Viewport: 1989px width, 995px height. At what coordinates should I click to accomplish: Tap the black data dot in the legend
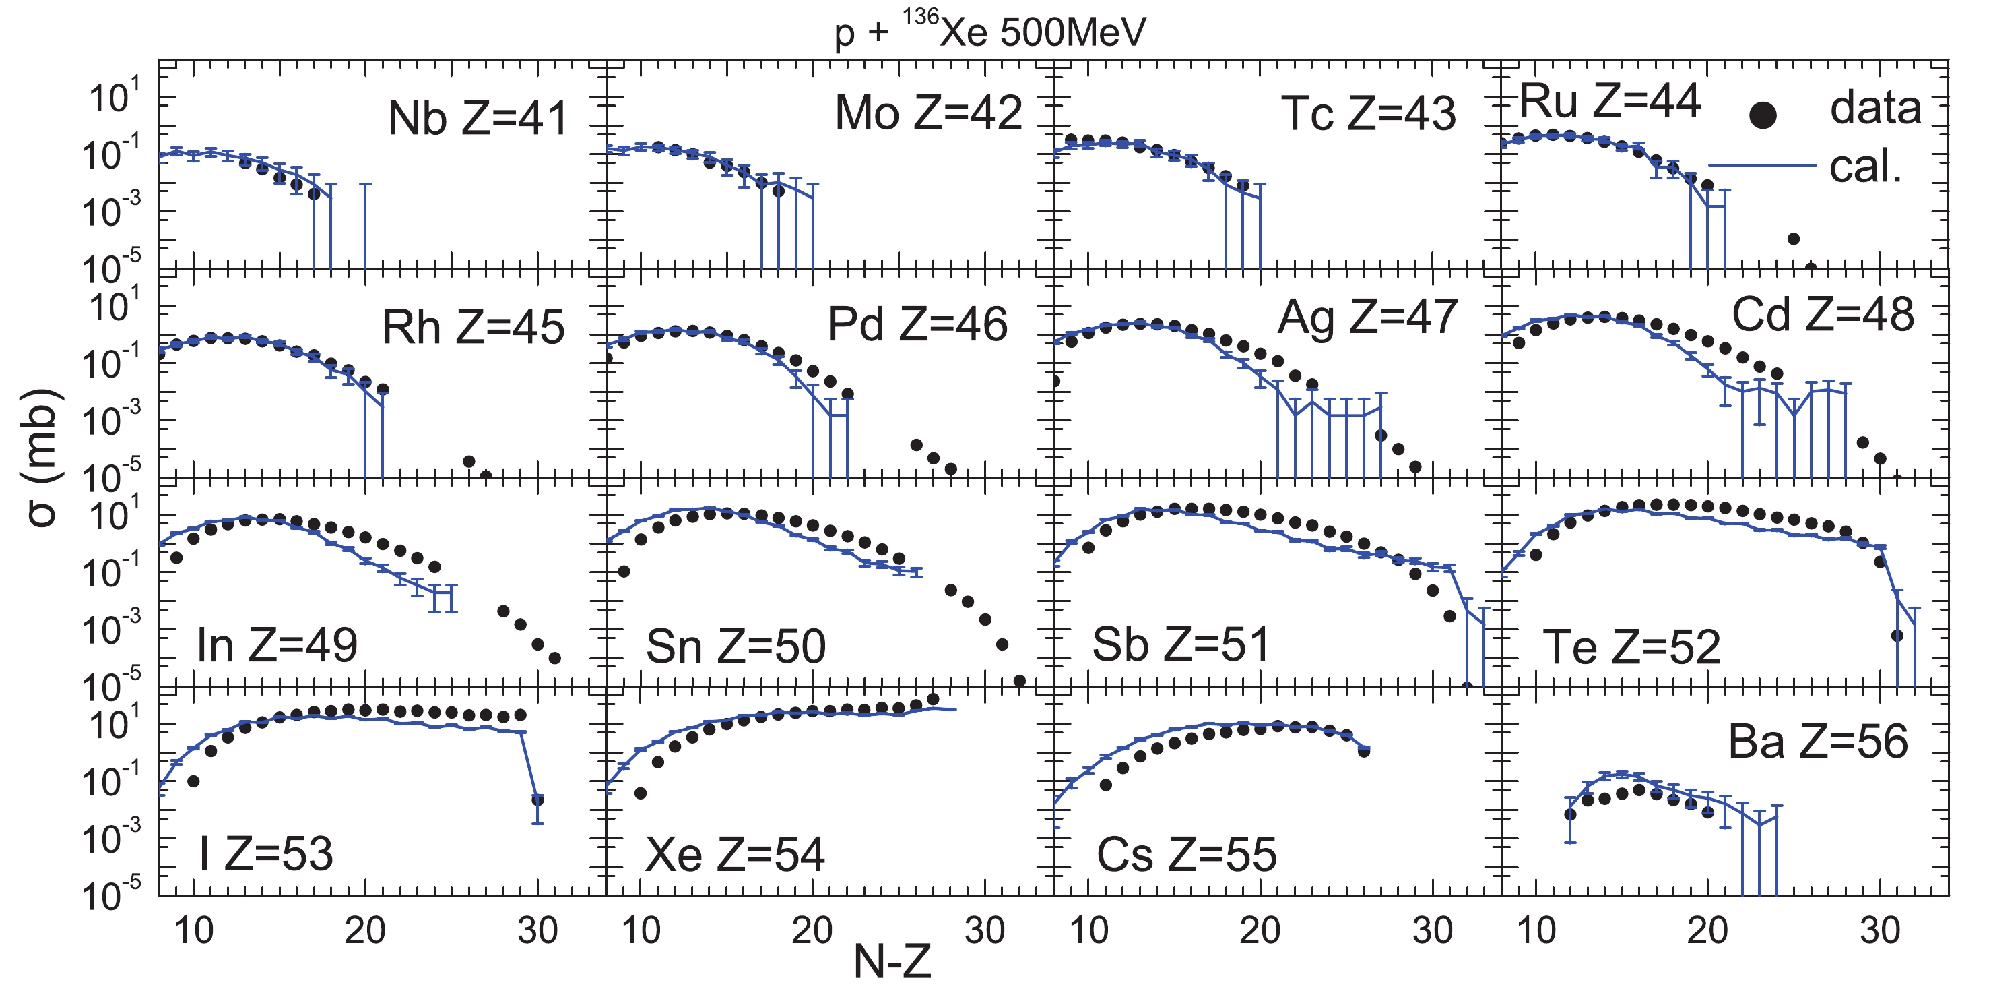pos(1763,116)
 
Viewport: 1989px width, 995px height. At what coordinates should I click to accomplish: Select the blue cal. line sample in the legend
pos(1762,164)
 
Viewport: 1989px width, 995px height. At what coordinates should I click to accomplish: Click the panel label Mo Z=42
pos(928,113)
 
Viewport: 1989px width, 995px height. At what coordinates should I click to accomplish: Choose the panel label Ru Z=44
pos(1610,100)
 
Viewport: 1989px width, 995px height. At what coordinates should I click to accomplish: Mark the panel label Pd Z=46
pos(917,324)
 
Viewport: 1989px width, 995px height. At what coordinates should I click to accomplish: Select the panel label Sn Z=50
pos(735,646)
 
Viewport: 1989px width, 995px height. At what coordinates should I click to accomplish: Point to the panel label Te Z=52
pos(1631,646)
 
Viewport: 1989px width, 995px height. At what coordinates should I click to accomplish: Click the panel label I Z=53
pos(265,854)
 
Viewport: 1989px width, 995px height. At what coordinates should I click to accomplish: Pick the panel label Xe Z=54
pos(734,854)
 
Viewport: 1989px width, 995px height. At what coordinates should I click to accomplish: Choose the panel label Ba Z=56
pos(1818,742)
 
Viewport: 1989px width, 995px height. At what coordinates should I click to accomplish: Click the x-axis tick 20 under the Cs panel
pos(1260,931)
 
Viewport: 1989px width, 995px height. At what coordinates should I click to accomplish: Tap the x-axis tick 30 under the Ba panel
pos(1879,931)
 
